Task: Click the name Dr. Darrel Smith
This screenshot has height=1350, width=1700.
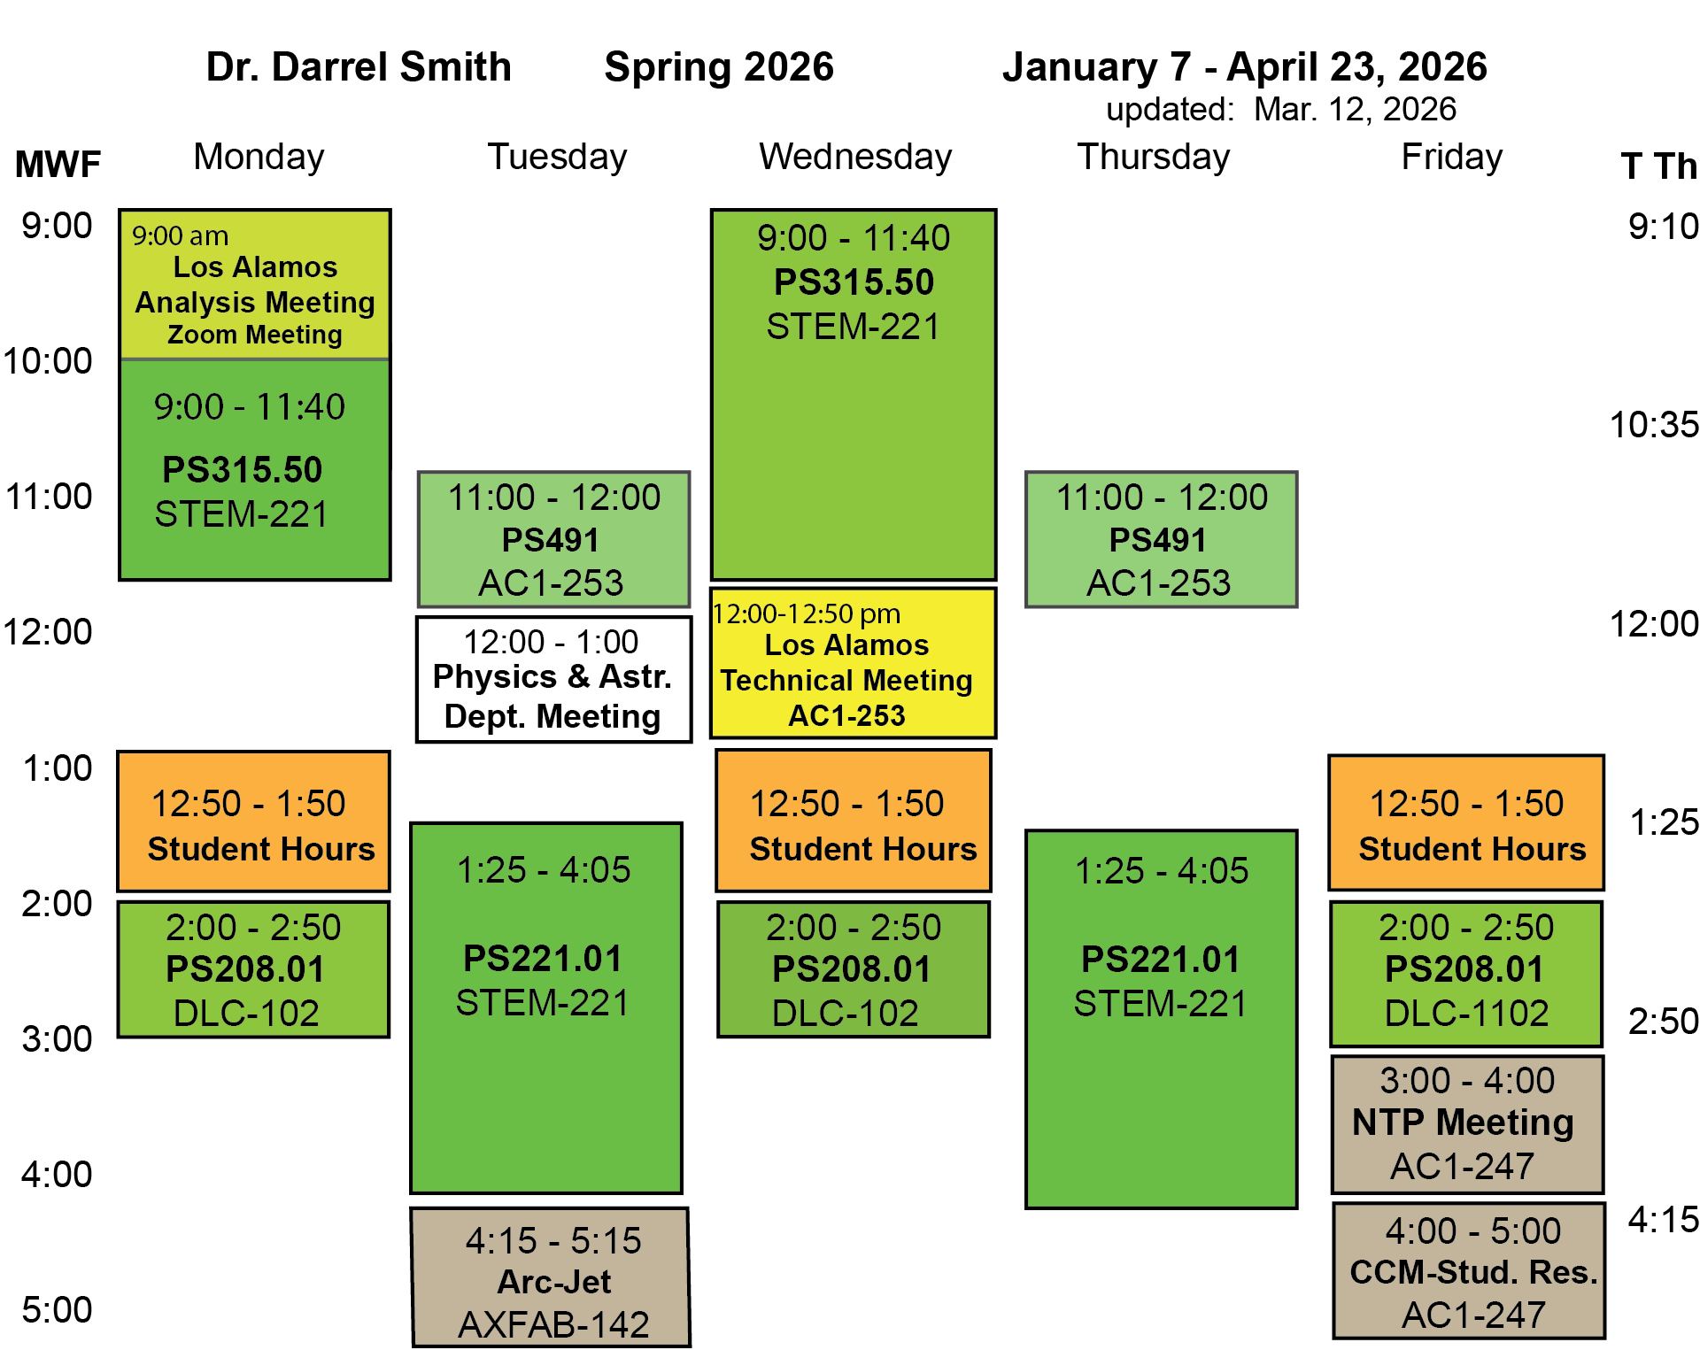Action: click(359, 67)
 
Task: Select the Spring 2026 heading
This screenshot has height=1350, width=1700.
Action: click(718, 67)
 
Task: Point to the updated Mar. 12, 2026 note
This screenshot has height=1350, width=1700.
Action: click(1280, 110)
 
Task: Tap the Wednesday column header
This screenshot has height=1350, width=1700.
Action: click(854, 157)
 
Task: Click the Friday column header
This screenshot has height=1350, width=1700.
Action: click(1451, 157)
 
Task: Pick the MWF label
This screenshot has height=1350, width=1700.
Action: click(58, 165)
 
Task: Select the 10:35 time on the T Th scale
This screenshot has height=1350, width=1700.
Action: click(1653, 425)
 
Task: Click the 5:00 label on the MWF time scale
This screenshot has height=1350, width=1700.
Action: click(57, 1309)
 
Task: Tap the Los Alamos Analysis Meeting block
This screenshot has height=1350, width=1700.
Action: click(255, 285)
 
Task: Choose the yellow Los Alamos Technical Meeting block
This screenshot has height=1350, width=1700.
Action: click(853, 663)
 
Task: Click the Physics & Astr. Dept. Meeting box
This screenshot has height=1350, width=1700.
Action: click(553, 680)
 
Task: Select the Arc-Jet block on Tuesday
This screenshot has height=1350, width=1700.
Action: click(551, 1277)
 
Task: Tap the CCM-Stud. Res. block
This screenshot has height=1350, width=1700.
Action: click(1469, 1270)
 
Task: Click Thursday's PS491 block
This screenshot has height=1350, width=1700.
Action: click(1161, 539)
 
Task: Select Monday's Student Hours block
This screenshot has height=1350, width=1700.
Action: click(254, 822)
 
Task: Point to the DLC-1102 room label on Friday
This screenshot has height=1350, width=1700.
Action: click(1466, 1014)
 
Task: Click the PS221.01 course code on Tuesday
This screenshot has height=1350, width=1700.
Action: click(543, 959)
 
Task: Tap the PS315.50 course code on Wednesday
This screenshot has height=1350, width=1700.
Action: click(854, 282)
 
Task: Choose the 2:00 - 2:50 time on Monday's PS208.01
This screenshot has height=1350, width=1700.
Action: click(253, 928)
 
